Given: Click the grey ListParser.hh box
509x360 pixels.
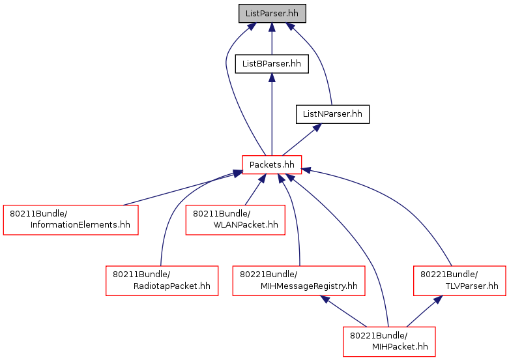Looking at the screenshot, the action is pyautogui.click(x=272, y=13).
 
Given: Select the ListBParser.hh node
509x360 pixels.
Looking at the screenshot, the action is pyautogui.click(x=272, y=64).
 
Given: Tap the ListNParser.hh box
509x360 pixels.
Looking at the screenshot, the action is pyautogui.click(x=332, y=114).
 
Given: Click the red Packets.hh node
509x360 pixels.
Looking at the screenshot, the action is pyautogui.click(x=272, y=165).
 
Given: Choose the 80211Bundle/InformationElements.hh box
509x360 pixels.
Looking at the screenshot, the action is pyautogui.click(x=70, y=220).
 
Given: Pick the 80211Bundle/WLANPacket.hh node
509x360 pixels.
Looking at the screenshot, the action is pyautogui.click(x=235, y=220).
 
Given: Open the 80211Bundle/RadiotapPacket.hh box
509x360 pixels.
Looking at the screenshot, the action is pyautogui.click(x=162, y=280).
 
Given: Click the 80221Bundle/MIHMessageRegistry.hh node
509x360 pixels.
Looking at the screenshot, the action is pyautogui.click(x=298, y=280).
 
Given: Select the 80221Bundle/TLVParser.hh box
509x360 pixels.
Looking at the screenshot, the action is pyautogui.click(x=459, y=280).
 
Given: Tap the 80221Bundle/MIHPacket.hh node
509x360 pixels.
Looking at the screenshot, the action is pyautogui.click(x=389, y=342).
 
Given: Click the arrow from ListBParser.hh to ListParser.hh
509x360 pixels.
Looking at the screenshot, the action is pyautogui.click(x=272, y=38).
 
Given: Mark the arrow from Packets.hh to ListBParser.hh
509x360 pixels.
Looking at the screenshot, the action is pyautogui.click(x=272, y=114).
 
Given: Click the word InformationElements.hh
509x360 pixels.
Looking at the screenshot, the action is pyautogui.click(x=80, y=225).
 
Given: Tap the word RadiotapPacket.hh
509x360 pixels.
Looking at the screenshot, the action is pyautogui.click(x=171, y=286).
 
